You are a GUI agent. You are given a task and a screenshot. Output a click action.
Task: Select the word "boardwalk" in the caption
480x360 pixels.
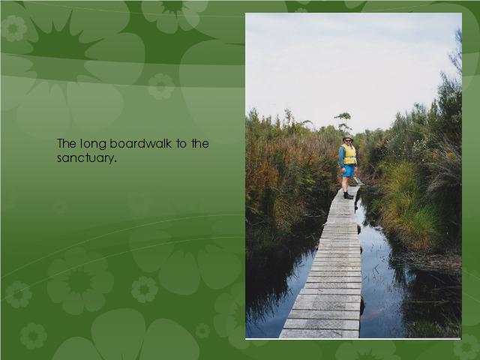(140, 143)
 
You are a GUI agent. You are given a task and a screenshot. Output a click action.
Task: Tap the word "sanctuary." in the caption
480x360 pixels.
(87, 158)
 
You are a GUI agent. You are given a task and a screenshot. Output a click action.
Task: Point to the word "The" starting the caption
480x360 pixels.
(67, 143)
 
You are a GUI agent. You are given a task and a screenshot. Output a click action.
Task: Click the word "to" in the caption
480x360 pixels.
(181, 143)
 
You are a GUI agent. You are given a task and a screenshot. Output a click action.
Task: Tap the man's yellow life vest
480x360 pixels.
(349, 154)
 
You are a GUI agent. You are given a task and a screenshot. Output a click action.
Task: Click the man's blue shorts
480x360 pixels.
(348, 171)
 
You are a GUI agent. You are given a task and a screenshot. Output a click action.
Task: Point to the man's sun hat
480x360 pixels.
(348, 137)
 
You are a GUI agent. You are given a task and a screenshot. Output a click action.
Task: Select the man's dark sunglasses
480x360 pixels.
(348, 140)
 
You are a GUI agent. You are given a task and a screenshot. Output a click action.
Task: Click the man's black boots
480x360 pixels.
(348, 196)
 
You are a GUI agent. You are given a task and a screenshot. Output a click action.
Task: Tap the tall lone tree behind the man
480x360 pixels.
(343, 121)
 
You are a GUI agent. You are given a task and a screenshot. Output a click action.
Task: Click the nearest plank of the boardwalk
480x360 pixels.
(319, 334)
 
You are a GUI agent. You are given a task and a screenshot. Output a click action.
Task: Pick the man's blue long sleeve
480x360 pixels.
(341, 156)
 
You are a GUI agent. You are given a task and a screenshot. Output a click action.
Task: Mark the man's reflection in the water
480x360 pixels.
(357, 202)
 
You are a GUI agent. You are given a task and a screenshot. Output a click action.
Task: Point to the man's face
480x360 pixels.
(348, 141)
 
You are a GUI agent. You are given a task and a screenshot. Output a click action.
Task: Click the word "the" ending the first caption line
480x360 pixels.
(200, 143)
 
